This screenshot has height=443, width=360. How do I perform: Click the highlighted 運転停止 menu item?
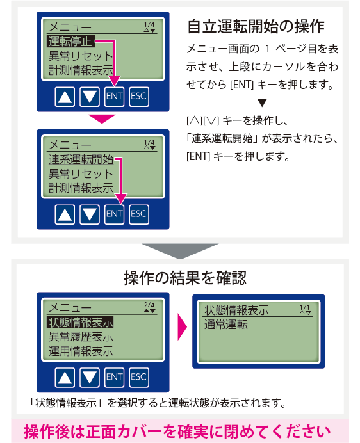[x=70, y=41]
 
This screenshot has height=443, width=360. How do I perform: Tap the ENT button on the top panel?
[x=114, y=96]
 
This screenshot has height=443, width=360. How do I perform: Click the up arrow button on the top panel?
[x=65, y=96]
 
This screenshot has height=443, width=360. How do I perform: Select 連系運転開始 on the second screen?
[x=81, y=159]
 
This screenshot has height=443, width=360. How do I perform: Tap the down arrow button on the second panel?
[x=90, y=214]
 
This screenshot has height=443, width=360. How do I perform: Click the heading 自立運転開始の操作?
[x=256, y=26]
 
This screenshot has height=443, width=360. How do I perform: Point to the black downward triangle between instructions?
[x=262, y=102]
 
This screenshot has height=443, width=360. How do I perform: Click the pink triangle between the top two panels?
[x=102, y=118]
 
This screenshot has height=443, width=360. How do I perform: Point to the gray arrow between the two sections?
[x=180, y=251]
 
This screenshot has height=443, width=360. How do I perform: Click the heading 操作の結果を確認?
[x=185, y=278]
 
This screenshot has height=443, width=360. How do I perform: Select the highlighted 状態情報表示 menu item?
[x=81, y=322]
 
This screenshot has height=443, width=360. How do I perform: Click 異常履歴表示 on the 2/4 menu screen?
[x=81, y=337]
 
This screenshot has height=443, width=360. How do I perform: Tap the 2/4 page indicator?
[x=149, y=307]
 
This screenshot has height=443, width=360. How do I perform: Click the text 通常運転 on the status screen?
[x=226, y=325]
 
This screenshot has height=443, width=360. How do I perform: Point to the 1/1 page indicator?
[x=305, y=310]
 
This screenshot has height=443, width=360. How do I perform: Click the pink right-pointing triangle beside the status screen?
[x=183, y=326]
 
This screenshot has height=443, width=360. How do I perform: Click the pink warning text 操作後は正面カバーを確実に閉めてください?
[x=177, y=431]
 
